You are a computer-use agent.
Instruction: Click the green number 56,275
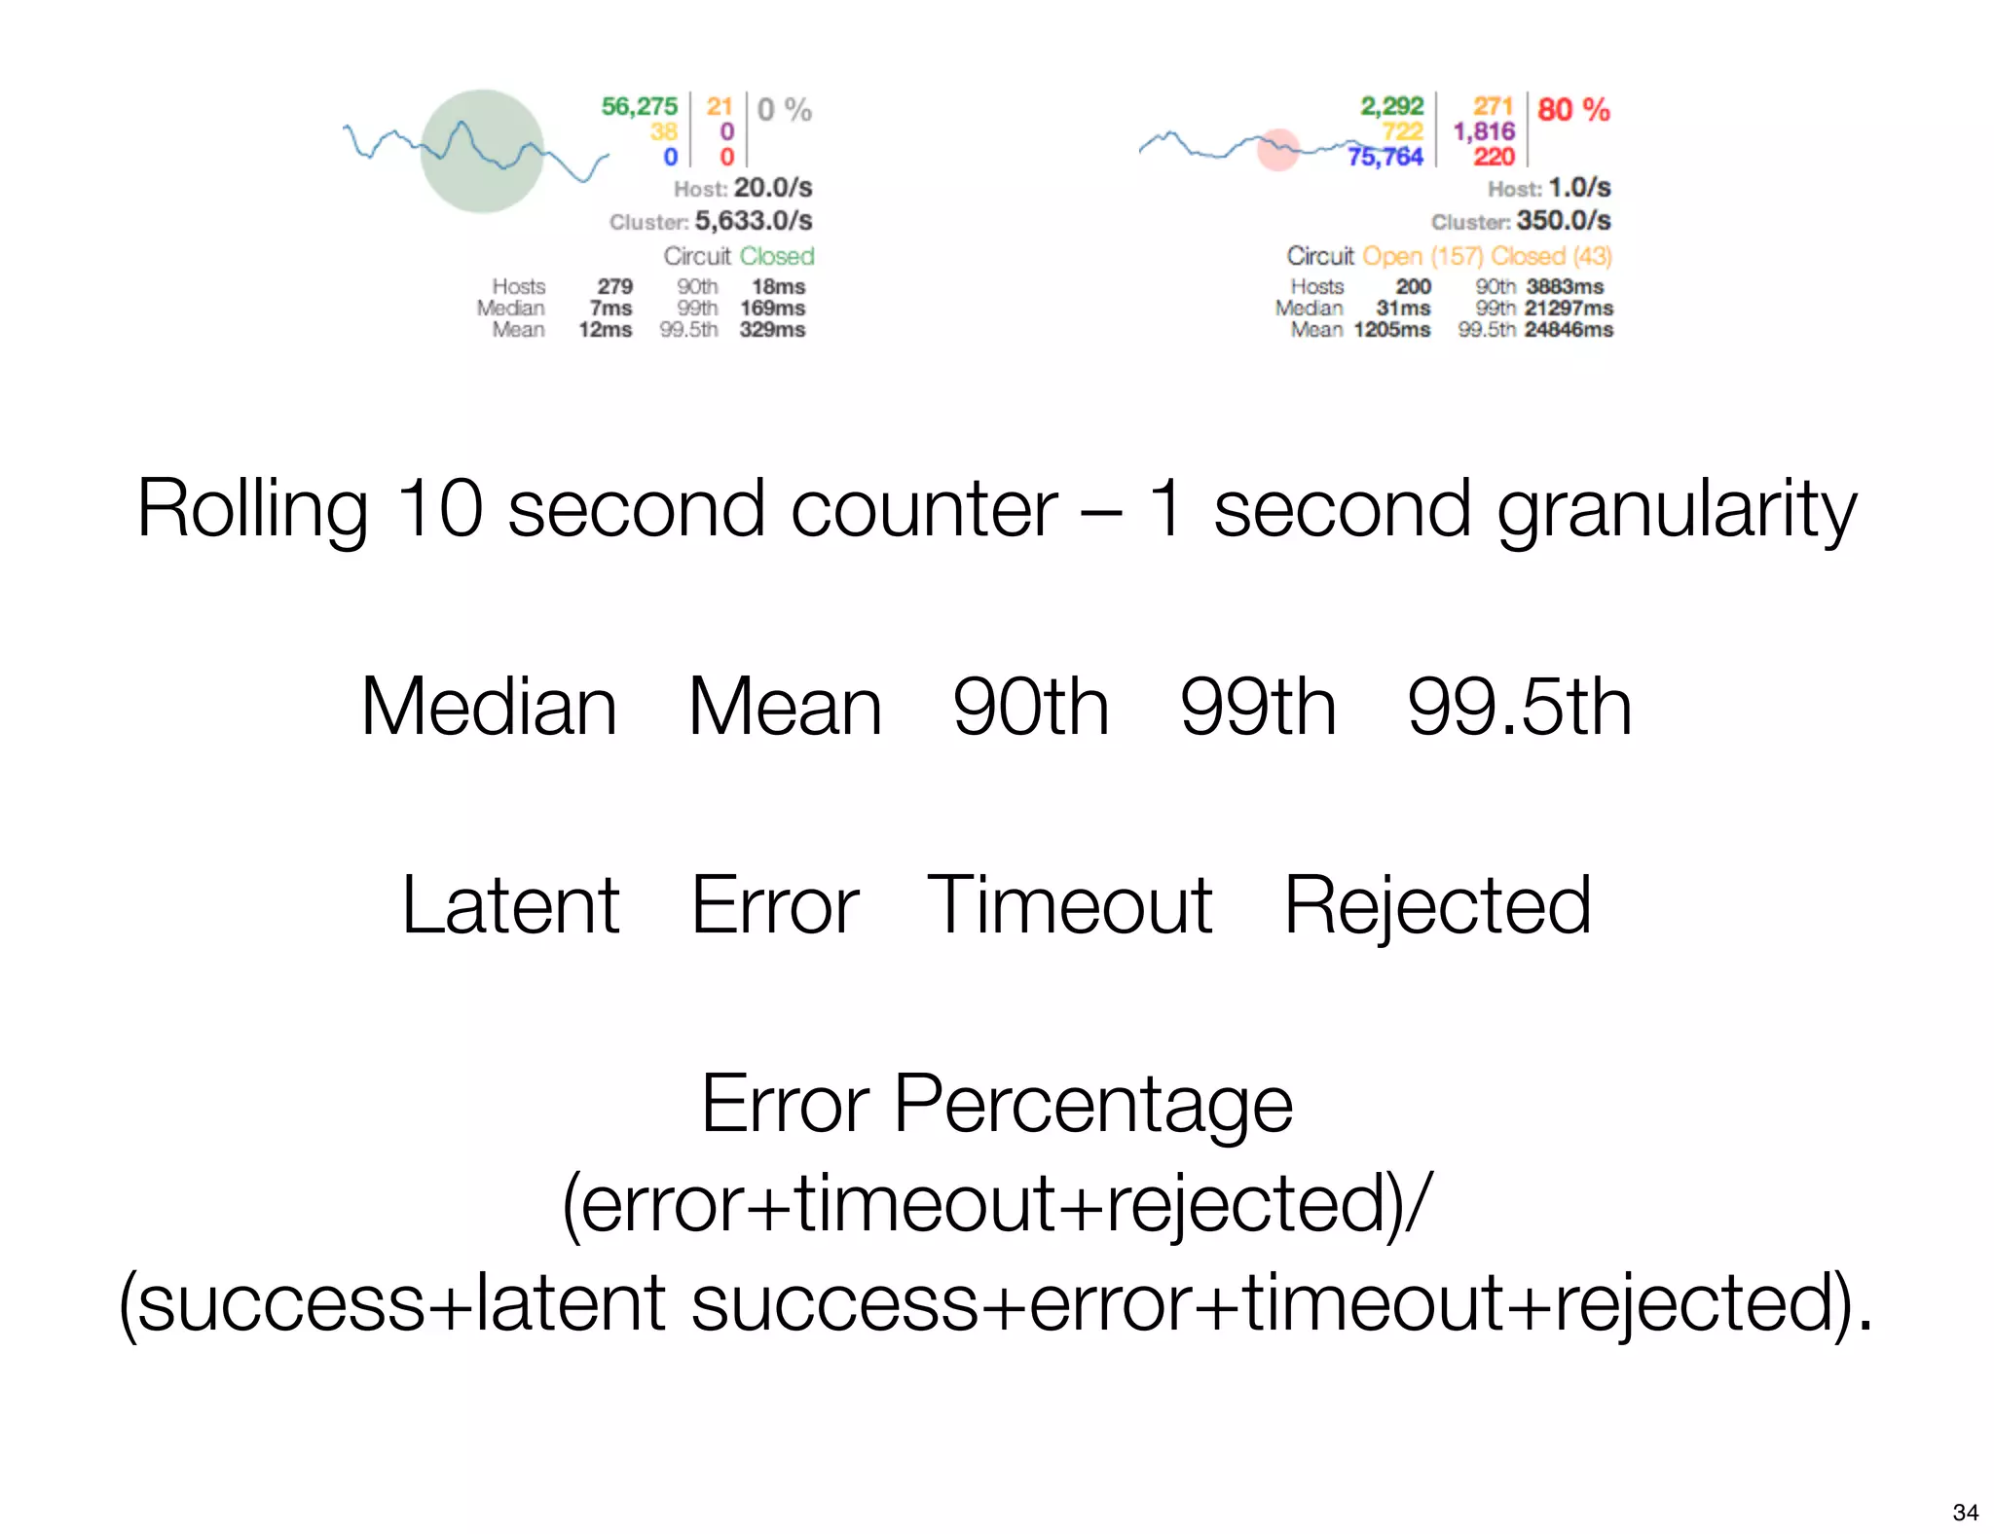click(639, 106)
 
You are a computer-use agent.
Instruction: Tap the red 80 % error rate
click(1573, 109)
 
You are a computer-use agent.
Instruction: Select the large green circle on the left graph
click(482, 151)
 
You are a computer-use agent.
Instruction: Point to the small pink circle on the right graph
click(1277, 150)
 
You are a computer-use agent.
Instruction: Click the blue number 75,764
click(1385, 157)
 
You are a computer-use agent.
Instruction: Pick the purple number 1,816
click(1484, 131)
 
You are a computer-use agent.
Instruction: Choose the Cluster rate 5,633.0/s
click(753, 221)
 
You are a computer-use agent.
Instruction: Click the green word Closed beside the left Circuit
click(777, 256)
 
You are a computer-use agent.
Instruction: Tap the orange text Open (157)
click(1422, 256)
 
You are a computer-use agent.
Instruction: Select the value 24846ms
click(1569, 330)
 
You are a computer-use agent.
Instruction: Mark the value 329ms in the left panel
click(772, 330)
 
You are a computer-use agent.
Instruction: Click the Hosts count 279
click(614, 287)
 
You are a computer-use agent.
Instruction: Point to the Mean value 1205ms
click(1391, 330)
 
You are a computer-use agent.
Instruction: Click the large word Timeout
click(1069, 905)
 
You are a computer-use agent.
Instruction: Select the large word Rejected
click(1437, 905)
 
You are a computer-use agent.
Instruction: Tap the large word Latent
click(511, 905)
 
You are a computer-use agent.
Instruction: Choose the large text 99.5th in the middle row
click(1519, 707)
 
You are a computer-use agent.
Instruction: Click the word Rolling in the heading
click(252, 509)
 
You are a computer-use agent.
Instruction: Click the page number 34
click(1965, 1513)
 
